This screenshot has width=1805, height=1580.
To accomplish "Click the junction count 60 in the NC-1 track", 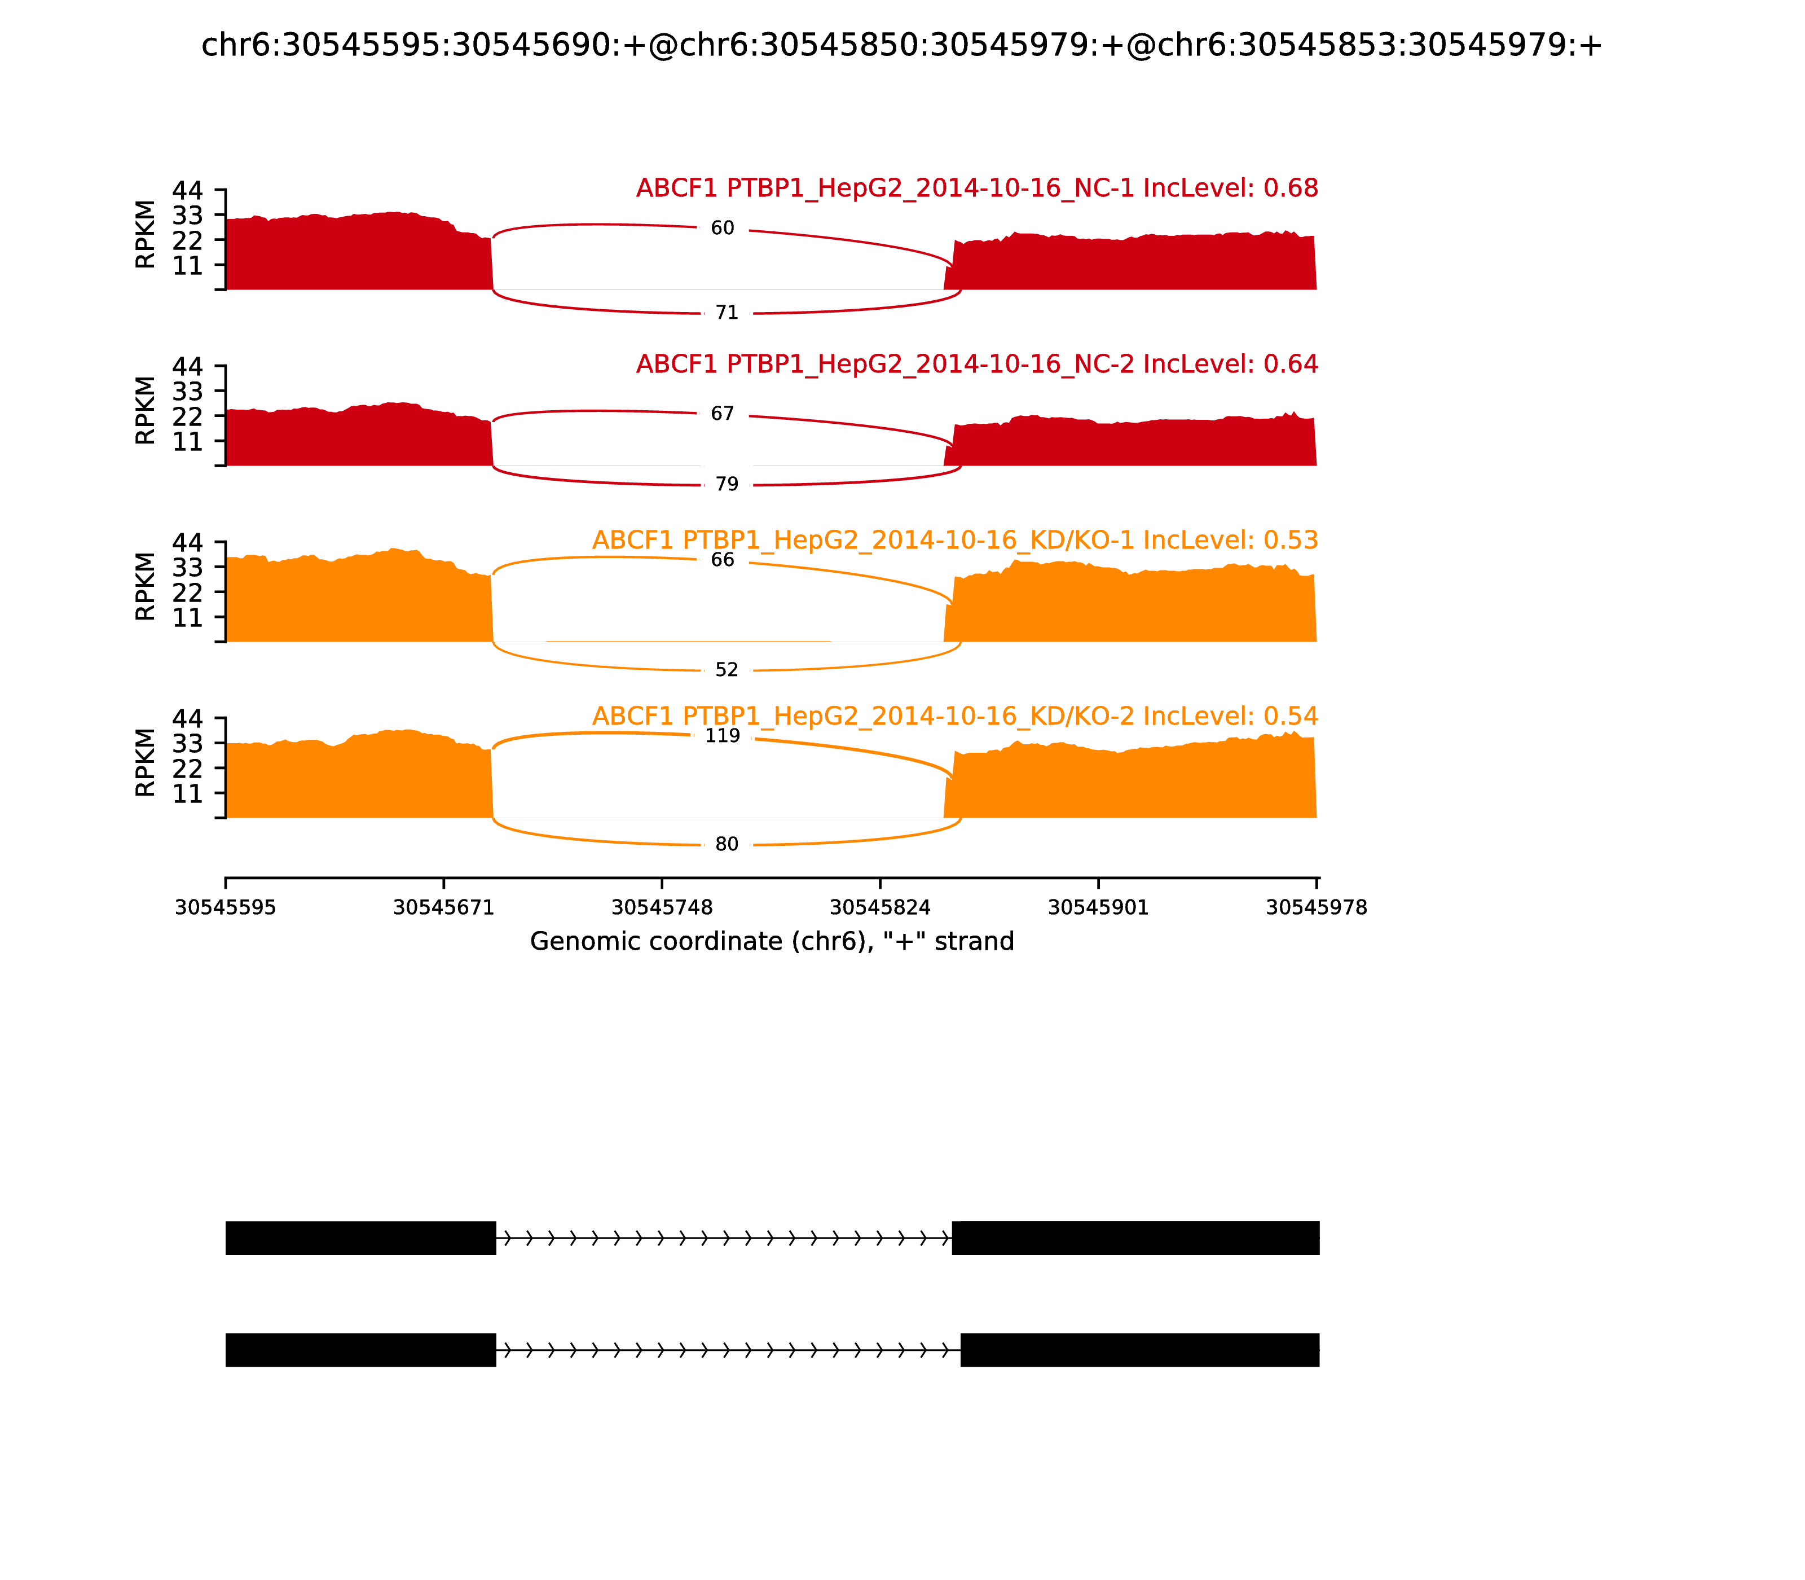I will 722,229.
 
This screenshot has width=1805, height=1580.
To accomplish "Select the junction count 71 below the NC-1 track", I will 727,313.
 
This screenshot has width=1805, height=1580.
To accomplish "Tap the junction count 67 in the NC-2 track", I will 722,414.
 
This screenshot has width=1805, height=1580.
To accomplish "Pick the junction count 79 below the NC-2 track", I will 727,484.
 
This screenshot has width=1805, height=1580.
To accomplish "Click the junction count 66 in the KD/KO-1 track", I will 722,560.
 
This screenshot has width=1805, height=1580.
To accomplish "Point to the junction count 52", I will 727,670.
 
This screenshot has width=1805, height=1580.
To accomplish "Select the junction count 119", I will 722,736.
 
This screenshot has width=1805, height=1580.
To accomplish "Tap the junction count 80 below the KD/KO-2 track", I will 727,845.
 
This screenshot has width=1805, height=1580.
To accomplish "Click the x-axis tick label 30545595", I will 226,907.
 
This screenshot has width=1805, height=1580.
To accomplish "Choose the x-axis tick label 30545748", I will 662,907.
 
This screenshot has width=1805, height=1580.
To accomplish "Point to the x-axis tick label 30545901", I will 1098,907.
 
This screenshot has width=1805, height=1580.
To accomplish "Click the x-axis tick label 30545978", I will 1316,907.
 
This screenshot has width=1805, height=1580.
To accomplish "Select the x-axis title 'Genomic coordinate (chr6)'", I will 772,942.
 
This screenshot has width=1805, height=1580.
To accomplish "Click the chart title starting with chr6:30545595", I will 901,45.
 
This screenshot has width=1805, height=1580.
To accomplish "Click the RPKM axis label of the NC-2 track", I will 146,411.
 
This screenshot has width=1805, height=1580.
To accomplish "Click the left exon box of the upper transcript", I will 360,1238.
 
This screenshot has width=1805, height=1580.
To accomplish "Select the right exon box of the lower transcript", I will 1139,1350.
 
